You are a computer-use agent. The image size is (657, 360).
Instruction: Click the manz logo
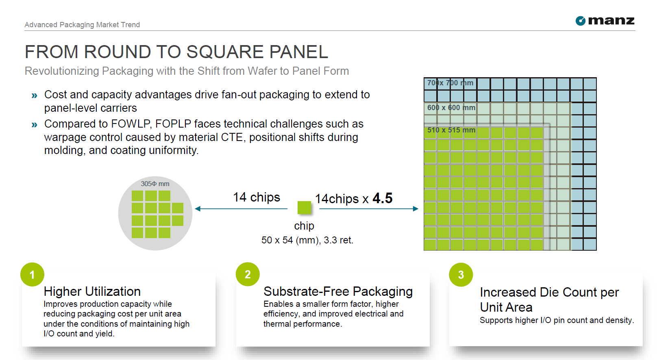point(605,21)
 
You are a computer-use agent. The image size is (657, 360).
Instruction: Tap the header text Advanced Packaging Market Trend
point(82,25)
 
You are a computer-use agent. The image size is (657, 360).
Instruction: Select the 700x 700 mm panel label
point(450,83)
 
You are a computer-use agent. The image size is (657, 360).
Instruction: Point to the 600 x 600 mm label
point(451,108)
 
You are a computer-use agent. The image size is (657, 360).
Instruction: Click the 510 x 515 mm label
point(451,130)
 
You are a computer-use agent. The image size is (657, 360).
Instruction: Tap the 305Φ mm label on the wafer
point(155,184)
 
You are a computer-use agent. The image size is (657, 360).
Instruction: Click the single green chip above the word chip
point(304,208)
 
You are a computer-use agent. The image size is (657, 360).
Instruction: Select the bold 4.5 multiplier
point(383,198)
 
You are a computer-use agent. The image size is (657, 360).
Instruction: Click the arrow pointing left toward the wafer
point(241,209)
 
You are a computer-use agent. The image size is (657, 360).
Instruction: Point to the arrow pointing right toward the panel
point(369,209)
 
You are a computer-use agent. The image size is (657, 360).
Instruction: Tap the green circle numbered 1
point(32,274)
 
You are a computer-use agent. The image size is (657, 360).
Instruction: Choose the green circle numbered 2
point(248,274)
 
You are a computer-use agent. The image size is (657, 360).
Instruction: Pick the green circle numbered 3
point(461,275)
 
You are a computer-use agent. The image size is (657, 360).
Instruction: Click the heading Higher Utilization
point(92,291)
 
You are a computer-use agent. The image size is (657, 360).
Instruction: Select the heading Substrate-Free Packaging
point(338,291)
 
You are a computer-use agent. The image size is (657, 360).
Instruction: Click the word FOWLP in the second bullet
point(130,124)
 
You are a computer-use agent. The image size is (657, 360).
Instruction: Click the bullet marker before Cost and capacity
point(34,95)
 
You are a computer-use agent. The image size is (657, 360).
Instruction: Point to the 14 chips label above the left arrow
point(257,197)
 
